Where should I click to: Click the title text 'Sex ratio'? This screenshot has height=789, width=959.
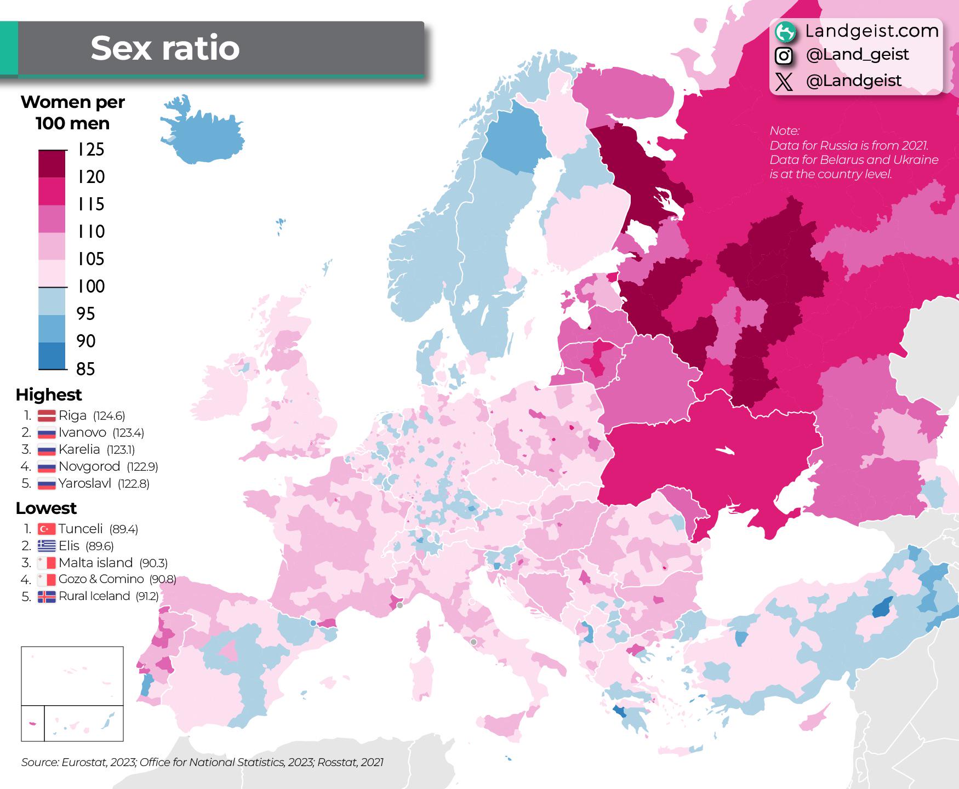point(165,48)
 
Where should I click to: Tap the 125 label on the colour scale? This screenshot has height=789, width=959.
point(91,150)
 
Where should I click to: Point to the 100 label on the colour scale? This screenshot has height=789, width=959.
point(91,286)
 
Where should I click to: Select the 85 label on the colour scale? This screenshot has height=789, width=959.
point(86,369)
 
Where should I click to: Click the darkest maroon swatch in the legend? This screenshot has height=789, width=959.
point(52,163)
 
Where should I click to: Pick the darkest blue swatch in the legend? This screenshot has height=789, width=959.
point(52,356)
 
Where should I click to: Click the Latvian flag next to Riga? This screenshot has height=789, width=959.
point(47,416)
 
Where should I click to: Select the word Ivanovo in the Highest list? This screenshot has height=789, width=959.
point(82,432)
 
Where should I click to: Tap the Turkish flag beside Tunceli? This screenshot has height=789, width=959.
point(47,529)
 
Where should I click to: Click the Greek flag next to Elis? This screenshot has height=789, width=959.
point(47,546)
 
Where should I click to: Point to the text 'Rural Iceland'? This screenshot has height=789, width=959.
point(94,596)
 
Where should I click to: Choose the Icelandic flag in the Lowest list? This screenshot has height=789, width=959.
point(47,597)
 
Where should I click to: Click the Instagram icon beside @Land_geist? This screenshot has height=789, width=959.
point(784,55)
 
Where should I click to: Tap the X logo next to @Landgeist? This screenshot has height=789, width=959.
point(784,82)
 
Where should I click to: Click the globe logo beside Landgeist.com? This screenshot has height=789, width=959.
point(785,32)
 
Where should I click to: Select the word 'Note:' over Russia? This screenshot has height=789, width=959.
point(784,131)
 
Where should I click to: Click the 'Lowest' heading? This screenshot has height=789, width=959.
point(46,508)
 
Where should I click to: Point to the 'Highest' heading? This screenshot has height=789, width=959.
point(48,395)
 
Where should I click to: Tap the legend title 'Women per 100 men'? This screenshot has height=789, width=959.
point(72,112)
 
